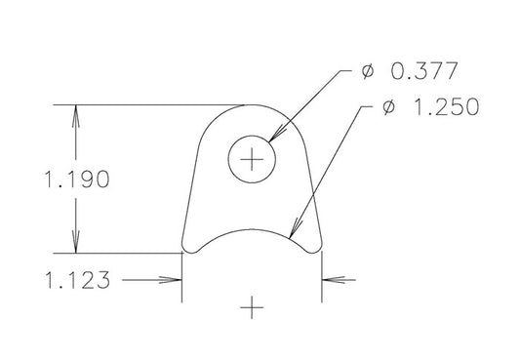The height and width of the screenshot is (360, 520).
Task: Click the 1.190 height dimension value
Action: pos(68,180)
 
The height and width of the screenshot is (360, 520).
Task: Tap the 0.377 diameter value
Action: pos(421,72)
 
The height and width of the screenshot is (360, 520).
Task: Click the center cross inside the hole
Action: pos(254,158)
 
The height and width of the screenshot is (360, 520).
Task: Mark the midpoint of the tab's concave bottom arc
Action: pos(254,230)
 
